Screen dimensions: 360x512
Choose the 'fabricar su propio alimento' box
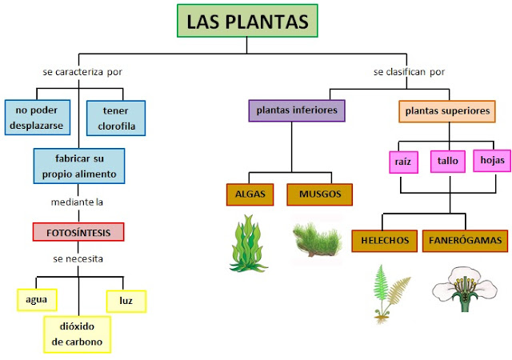coord(79,166)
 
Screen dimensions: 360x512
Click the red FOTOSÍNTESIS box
coord(78,232)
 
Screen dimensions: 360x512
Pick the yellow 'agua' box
coord(37,300)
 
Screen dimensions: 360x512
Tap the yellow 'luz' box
coord(126,300)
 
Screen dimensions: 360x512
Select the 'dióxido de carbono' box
coord(77,334)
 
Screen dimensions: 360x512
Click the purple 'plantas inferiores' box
coord(297,110)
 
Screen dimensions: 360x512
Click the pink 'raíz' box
coord(402,162)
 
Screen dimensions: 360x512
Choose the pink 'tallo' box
coord(448,161)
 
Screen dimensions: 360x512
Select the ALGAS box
coord(251,194)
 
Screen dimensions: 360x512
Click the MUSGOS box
coord(320,194)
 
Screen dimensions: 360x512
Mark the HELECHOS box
coord(385,240)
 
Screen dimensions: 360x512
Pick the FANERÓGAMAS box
coord(465,240)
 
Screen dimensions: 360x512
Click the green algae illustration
coord(250,241)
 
